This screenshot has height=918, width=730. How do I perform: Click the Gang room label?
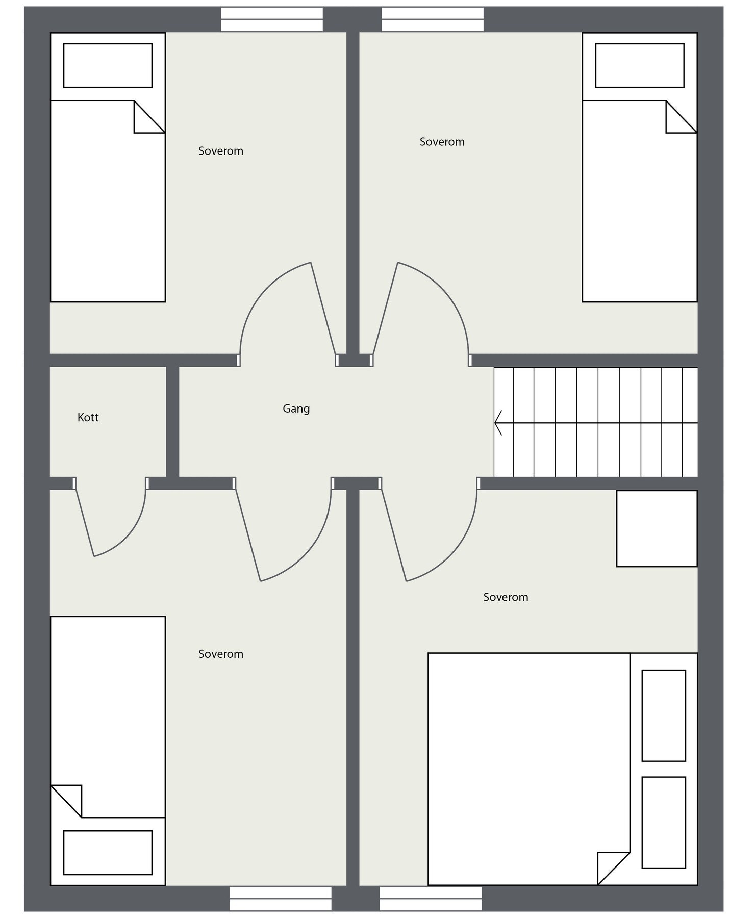296,409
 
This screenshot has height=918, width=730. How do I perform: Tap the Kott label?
88,417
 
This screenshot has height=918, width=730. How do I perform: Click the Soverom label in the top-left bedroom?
220,151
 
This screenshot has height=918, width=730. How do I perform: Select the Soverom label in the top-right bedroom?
442,142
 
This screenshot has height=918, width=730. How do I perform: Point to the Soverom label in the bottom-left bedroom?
220,654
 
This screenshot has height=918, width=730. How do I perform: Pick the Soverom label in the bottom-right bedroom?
506,597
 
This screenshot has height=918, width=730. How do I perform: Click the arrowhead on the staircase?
498,423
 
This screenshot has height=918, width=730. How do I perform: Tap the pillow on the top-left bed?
108,65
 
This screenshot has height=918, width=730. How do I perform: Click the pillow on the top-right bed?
639,65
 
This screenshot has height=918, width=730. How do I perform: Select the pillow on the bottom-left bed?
108,852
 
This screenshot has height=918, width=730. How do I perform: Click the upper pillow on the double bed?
663,716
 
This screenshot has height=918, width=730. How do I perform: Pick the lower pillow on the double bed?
663,822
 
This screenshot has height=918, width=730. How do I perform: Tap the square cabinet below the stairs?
657,528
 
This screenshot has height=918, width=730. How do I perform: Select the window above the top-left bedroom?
271,19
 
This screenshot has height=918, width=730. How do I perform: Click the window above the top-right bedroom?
433,19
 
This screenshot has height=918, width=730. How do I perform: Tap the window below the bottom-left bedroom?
280,898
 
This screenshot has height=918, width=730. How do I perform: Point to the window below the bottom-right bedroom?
431,898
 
